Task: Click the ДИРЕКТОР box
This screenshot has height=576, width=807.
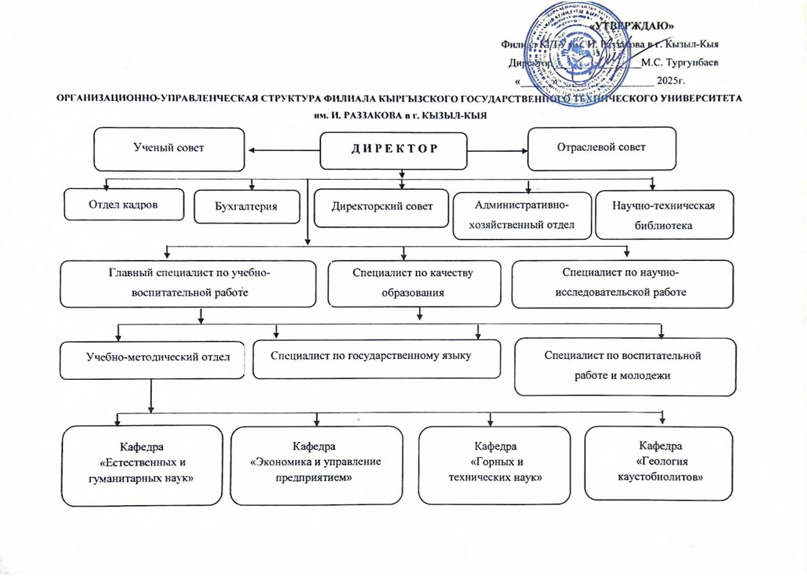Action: (x=394, y=150)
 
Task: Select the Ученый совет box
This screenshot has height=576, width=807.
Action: (x=168, y=148)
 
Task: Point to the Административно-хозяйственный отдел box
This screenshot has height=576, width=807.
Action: (x=522, y=214)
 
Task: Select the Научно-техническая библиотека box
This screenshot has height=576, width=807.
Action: (x=664, y=215)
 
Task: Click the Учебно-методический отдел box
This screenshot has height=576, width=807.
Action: (x=153, y=358)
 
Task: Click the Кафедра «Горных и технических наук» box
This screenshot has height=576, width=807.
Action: (x=490, y=465)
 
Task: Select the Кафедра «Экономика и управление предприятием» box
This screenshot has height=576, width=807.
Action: (x=316, y=465)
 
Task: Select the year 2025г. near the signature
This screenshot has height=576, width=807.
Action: (x=671, y=80)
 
